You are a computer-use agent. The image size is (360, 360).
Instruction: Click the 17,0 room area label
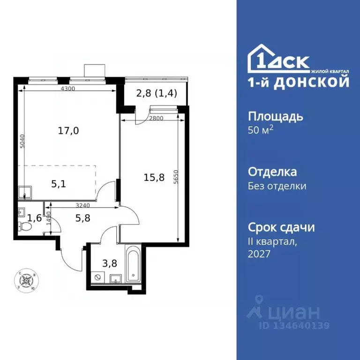68,131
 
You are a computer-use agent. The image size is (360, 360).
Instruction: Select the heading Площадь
275,116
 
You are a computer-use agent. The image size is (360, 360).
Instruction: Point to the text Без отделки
277,186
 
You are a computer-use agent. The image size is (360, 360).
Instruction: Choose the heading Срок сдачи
281,227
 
